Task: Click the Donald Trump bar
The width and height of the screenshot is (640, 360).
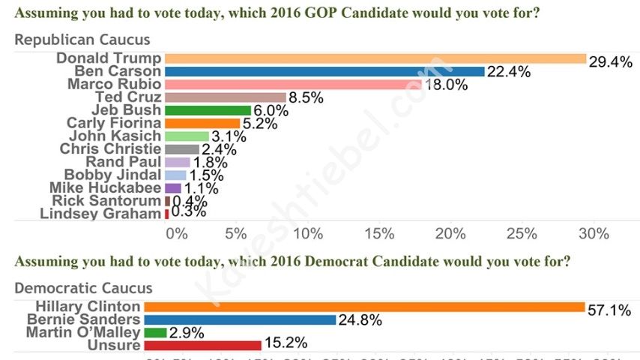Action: click(x=375, y=58)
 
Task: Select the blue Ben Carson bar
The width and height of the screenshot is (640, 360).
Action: click(x=324, y=71)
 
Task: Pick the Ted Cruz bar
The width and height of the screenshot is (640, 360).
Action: click(x=226, y=97)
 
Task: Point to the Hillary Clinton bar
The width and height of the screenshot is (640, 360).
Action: click(x=364, y=307)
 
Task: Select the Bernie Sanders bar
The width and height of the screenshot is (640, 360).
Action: click(x=240, y=319)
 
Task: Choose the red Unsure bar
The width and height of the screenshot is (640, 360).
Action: click(x=202, y=345)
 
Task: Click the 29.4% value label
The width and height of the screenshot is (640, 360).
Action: click(x=610, y=62)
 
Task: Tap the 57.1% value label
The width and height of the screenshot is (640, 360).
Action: click(x=608, y=310)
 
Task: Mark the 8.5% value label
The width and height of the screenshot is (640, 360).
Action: click(x=306, y=97)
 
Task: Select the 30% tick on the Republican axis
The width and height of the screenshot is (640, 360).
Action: click(x=594, y=234)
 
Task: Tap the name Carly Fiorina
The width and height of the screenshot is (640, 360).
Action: click(x=114, y=123)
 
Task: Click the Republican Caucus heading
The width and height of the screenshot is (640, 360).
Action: click(x=82, y=40)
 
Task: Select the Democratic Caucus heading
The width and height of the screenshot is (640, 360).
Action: click(x=83, y=288)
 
